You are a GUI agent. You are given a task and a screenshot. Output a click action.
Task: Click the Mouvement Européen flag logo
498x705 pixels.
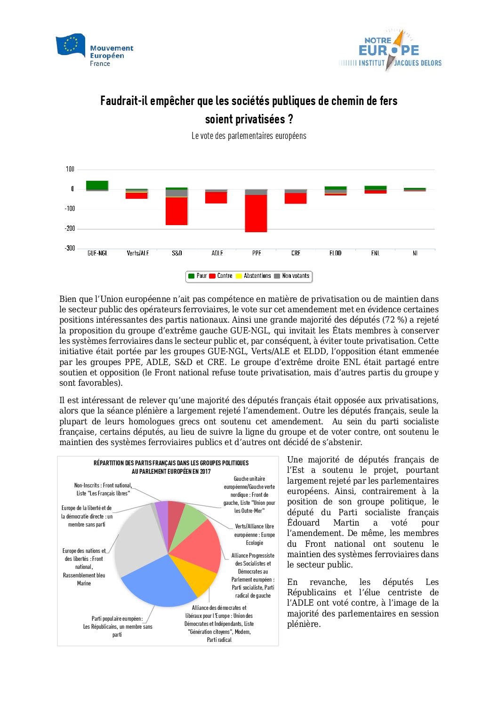click(x=71, y=45)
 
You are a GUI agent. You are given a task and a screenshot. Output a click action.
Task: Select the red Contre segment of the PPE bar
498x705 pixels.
click(x=256, y=213)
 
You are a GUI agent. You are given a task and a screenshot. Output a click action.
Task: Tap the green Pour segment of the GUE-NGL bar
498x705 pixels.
click(x=97, y=185)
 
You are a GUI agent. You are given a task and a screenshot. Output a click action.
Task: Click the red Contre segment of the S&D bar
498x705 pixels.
click(x=177, y=211)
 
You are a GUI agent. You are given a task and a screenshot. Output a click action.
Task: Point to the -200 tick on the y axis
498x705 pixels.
click(x=70, y=228)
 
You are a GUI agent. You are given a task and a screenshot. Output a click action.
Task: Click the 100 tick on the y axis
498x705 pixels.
click(x=70, y=169)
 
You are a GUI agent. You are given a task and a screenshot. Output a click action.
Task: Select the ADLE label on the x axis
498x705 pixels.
click(x=217, y=253)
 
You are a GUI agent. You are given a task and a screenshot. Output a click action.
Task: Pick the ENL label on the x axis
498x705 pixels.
click(x=375, y=253)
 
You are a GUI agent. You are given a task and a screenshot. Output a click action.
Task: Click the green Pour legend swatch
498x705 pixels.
click(x=192, y=276)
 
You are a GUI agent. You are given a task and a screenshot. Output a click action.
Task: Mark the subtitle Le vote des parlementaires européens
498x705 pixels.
click(x=249, y=136)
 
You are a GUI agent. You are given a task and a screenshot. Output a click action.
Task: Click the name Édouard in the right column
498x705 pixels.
click(x=303, y=523)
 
